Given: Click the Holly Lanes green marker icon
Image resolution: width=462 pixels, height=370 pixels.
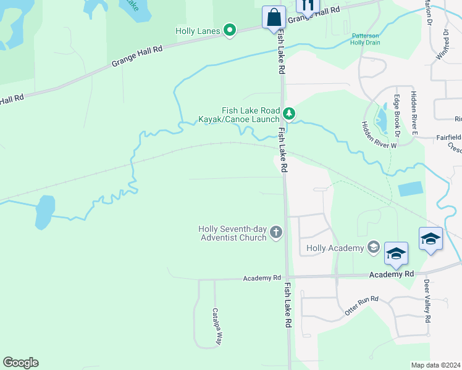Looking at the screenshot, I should (x=230, y=30).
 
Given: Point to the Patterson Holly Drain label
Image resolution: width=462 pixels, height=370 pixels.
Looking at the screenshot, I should (x=366, y=39).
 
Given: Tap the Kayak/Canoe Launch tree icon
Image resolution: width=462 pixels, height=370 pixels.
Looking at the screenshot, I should (x=289, y=113).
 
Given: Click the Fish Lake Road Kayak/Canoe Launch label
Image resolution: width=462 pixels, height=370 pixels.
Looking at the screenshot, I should (x=238, y=114).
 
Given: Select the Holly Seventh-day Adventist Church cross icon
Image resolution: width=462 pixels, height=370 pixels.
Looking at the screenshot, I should (x=276, y=232).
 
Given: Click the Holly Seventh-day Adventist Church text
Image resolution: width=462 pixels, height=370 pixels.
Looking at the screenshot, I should (x=233, y=232).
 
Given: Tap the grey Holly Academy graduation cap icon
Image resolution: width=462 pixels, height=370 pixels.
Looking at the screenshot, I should (x=372, y=248).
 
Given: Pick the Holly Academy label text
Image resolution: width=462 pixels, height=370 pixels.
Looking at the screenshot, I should (x=335, y=248).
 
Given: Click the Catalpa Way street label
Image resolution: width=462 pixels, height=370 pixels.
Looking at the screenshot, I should (x=217, y=326).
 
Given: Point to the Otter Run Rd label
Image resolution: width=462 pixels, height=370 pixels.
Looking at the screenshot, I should (x=361, y=304).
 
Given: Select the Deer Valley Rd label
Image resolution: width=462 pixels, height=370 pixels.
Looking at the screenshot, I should (x=427, y=301).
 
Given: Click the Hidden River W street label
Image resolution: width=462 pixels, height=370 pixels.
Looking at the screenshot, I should (x=379, y=134).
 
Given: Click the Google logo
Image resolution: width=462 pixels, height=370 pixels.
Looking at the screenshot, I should (x=20, y=363).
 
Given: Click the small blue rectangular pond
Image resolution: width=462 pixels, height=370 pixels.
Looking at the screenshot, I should (x=411, y=189).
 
